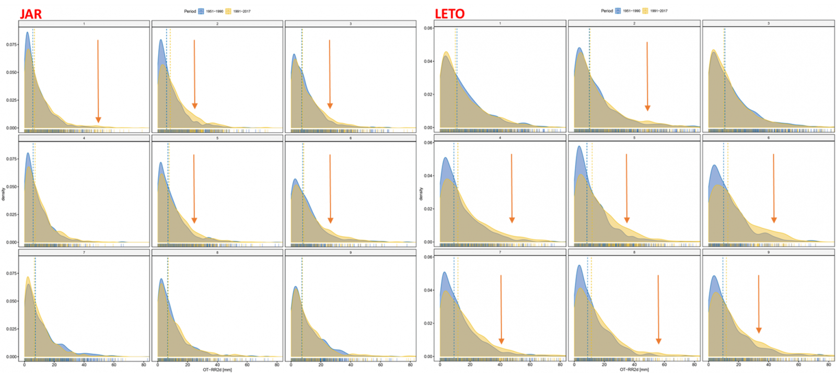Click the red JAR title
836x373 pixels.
coord(31,14)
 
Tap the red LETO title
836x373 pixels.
coord(449,14)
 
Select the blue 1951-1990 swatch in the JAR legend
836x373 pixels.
coord(201,11)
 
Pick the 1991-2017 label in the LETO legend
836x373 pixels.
coord(659,11)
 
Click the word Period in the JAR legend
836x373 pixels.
coord(190,11)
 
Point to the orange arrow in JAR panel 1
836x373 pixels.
coord(98,81)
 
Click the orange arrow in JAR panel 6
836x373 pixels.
coord(330,188)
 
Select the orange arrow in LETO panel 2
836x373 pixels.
coord(647,76)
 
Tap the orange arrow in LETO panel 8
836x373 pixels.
coord(658,309)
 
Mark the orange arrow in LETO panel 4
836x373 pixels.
coord(512,188)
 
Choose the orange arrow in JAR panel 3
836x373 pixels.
coord(330,74)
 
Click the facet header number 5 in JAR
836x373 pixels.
coord(217,138)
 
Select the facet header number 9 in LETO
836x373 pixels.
coord(768,252)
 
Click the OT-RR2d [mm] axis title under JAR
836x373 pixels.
coord(217,370)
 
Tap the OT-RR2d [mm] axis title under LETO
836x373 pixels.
coord(634,370)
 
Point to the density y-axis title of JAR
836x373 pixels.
coord(3,194)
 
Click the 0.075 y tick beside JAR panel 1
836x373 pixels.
coord(11,45)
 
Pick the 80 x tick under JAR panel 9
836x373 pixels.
coord(410,365)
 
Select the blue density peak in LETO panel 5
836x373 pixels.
coord(579,147)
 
